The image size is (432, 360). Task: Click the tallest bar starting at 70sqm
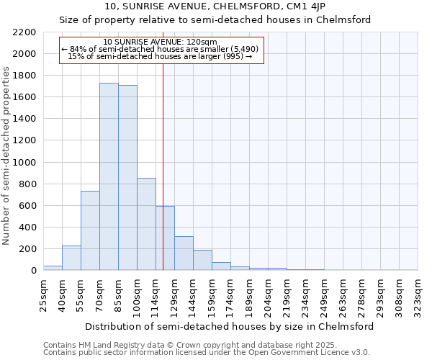pos(109,176)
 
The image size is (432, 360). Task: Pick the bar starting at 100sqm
pos(146,224)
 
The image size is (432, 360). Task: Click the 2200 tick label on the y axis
pos(24,32)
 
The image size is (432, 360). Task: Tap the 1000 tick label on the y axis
pos(24,163)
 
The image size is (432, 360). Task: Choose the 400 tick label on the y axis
pos(27,228)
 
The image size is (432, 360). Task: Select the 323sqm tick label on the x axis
pos(418,294)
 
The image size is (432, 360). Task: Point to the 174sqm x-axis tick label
pos(230,294)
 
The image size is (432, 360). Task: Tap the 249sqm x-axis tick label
pos(324,294)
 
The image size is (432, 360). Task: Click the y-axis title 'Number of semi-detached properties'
pos(7,156)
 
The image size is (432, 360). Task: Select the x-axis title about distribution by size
pos(230,326)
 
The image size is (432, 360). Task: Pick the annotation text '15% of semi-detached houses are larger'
pos(160,56)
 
